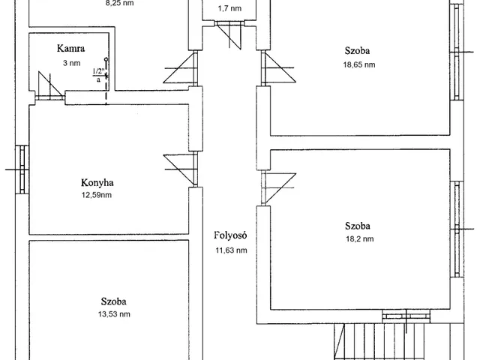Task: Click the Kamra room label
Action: pos(70,48)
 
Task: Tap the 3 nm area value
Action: pos(72,63)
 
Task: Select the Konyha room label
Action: pos(97,183)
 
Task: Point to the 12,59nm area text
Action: pos(97,195)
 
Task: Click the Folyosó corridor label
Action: pos(230,235)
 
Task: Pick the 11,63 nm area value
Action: pos(231,250)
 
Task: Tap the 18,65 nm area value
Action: pos(359,64)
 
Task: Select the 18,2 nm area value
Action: pos(360,238)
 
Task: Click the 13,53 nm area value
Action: pos(114,314)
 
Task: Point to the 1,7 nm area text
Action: pos(229,8)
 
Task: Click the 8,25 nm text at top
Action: pos(119,3)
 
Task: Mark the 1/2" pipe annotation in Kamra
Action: pos(98,75)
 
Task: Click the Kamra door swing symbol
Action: pos(49,86)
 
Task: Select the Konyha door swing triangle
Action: pos(180,170)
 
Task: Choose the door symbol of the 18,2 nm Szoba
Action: pos(278,187)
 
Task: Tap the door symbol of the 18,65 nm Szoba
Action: pos(278,67)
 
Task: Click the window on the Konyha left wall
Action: pos(22,169)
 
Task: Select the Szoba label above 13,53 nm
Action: pos(113,301)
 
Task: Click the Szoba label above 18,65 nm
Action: pos(357,50)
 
